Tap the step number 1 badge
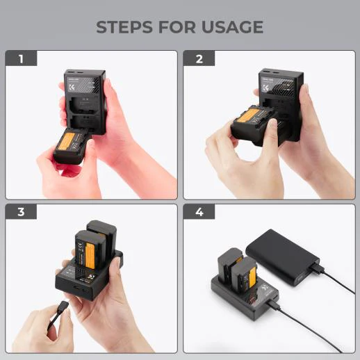(x=22, y=58)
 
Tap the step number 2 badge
(x=199, y=58)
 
